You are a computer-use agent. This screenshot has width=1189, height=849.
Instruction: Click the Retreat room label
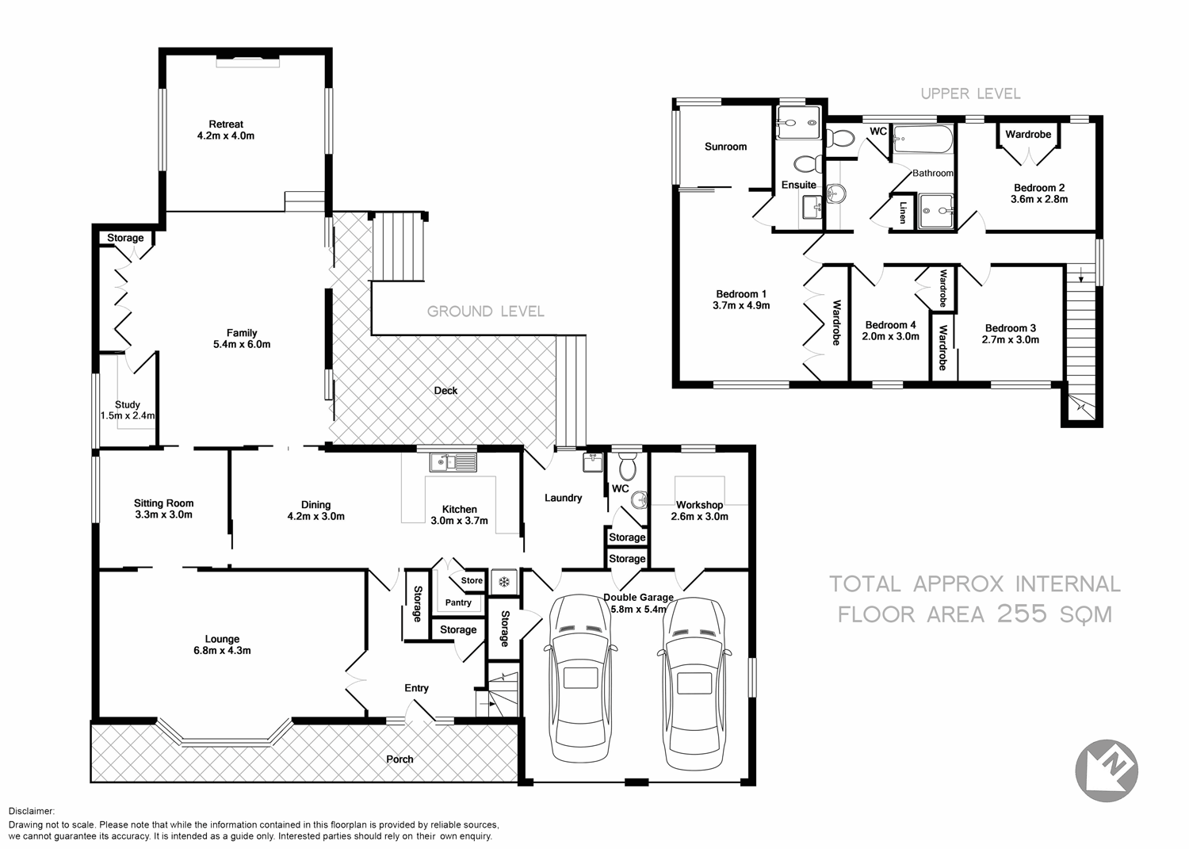pyautogui.click(x=226, y=124)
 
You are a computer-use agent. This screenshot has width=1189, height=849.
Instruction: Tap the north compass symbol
pyautogui.click(x=1106, y=770)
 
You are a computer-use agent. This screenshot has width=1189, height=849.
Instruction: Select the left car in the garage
pyautogui.click(x=580, y=679)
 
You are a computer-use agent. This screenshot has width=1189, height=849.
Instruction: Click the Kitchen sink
pyautogui.click(x=453, y=461)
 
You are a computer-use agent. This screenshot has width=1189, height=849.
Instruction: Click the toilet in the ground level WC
pyautogui.click(x=627, y=468)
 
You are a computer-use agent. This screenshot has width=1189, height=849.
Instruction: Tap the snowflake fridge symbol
pyautogui.click(x=503, y=582)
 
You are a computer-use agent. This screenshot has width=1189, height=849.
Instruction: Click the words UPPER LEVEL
pyautogui.click(x=970, y=94)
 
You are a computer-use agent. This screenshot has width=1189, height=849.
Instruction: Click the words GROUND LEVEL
pyautogui.click(x=485, y=312)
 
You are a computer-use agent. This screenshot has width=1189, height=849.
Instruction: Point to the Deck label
pyautogui.click(x=445, y=391)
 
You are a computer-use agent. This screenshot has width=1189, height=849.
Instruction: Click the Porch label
pyautogui.click(x=400, y=759)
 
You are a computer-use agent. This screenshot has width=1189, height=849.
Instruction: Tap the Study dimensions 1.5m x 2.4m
pyautogui.click(x=128, y=415)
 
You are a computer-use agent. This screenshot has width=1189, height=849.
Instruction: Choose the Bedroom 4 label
pyautogui.click(x=891, y=325)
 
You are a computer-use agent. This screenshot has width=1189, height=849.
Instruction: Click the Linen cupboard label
pyautogui.click(x=903, y=212)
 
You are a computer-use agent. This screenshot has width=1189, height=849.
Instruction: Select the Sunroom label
pyautogui.click(x=725, y=147)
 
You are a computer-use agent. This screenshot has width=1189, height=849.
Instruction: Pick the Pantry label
pyautogui.click(x=458, y=602)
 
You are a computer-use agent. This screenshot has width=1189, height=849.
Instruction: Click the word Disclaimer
pyautogui.click(x=32, y=811)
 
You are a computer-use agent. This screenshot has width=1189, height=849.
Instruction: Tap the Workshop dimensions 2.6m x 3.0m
pyautogui.click(x=700, y=517)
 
